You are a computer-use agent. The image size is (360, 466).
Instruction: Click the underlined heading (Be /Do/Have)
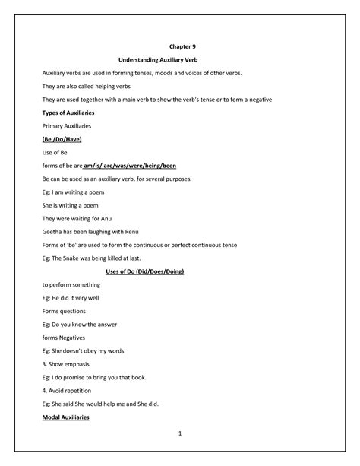[62, 140]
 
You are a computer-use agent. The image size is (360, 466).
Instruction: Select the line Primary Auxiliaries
[68, 126]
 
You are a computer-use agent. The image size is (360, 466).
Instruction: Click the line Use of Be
[55, 153]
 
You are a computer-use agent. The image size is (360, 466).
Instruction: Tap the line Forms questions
[64, 311]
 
